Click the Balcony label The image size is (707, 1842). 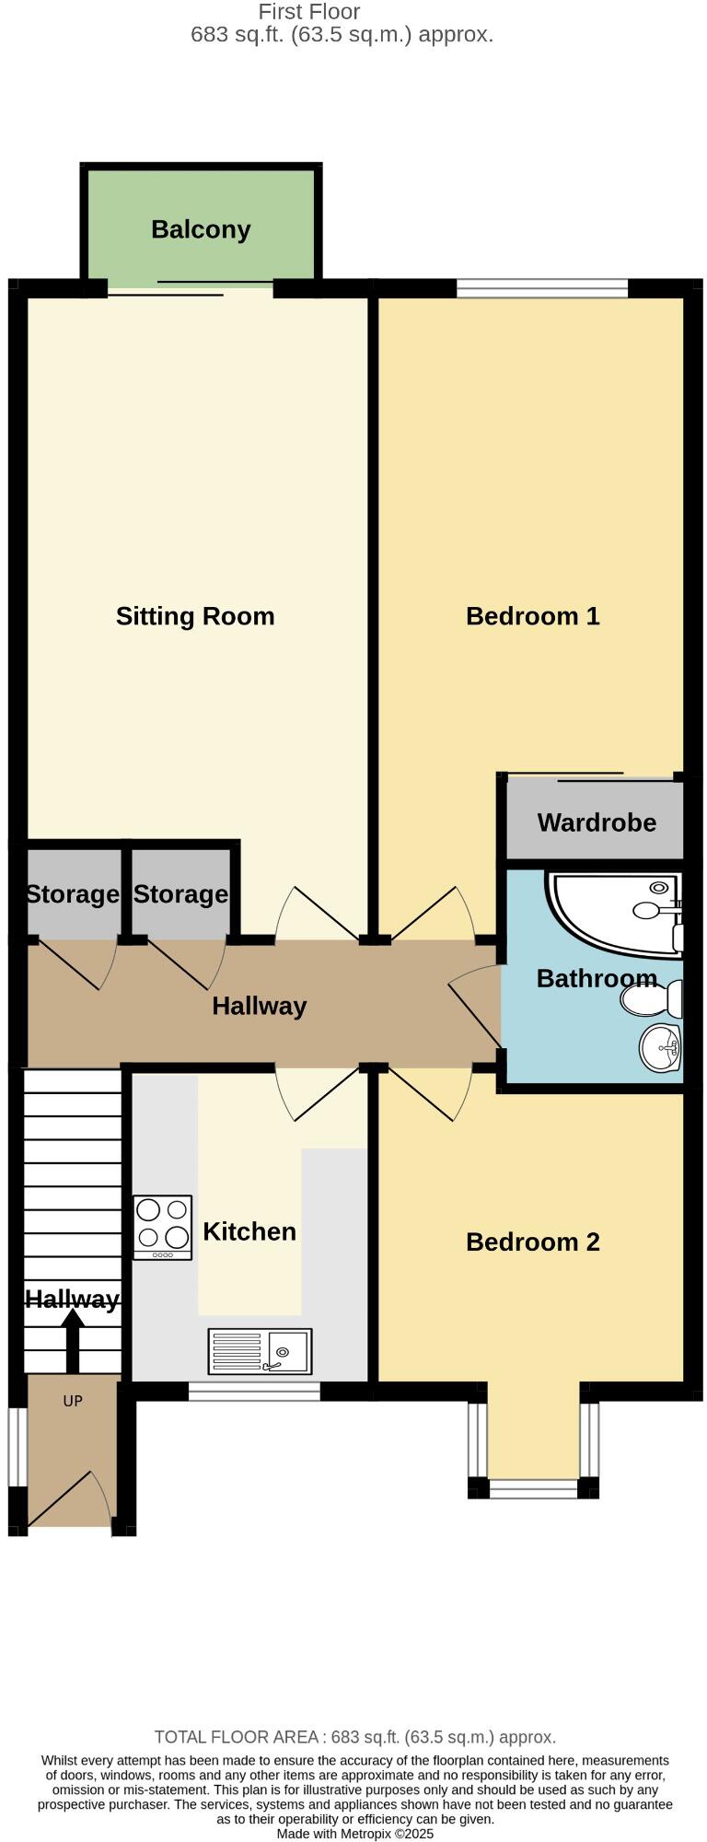coord(201,229)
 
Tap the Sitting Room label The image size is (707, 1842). coord(195,616)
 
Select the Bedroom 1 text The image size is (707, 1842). coord(532,616)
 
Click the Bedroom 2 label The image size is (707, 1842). coord(532,1242)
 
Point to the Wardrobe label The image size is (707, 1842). coord(597,822)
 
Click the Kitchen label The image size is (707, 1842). coord(249,1231)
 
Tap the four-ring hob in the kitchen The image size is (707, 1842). coord(163,1227)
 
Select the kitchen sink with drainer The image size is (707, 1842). coord(260,1351)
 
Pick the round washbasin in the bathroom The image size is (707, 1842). coord(659,1047)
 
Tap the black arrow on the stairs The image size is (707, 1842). coord(73,1340)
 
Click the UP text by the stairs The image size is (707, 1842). coord(73,1401)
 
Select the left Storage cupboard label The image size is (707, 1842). coord(72,894)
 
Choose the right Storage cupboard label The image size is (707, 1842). coord(180,894)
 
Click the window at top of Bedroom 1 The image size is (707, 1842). coord(542,288)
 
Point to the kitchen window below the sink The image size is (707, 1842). coord(254,1392)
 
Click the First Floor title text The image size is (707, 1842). coord(309,12)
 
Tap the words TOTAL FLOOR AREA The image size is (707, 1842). coord(237,1737)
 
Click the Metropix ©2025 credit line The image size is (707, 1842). coord(354,1834)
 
